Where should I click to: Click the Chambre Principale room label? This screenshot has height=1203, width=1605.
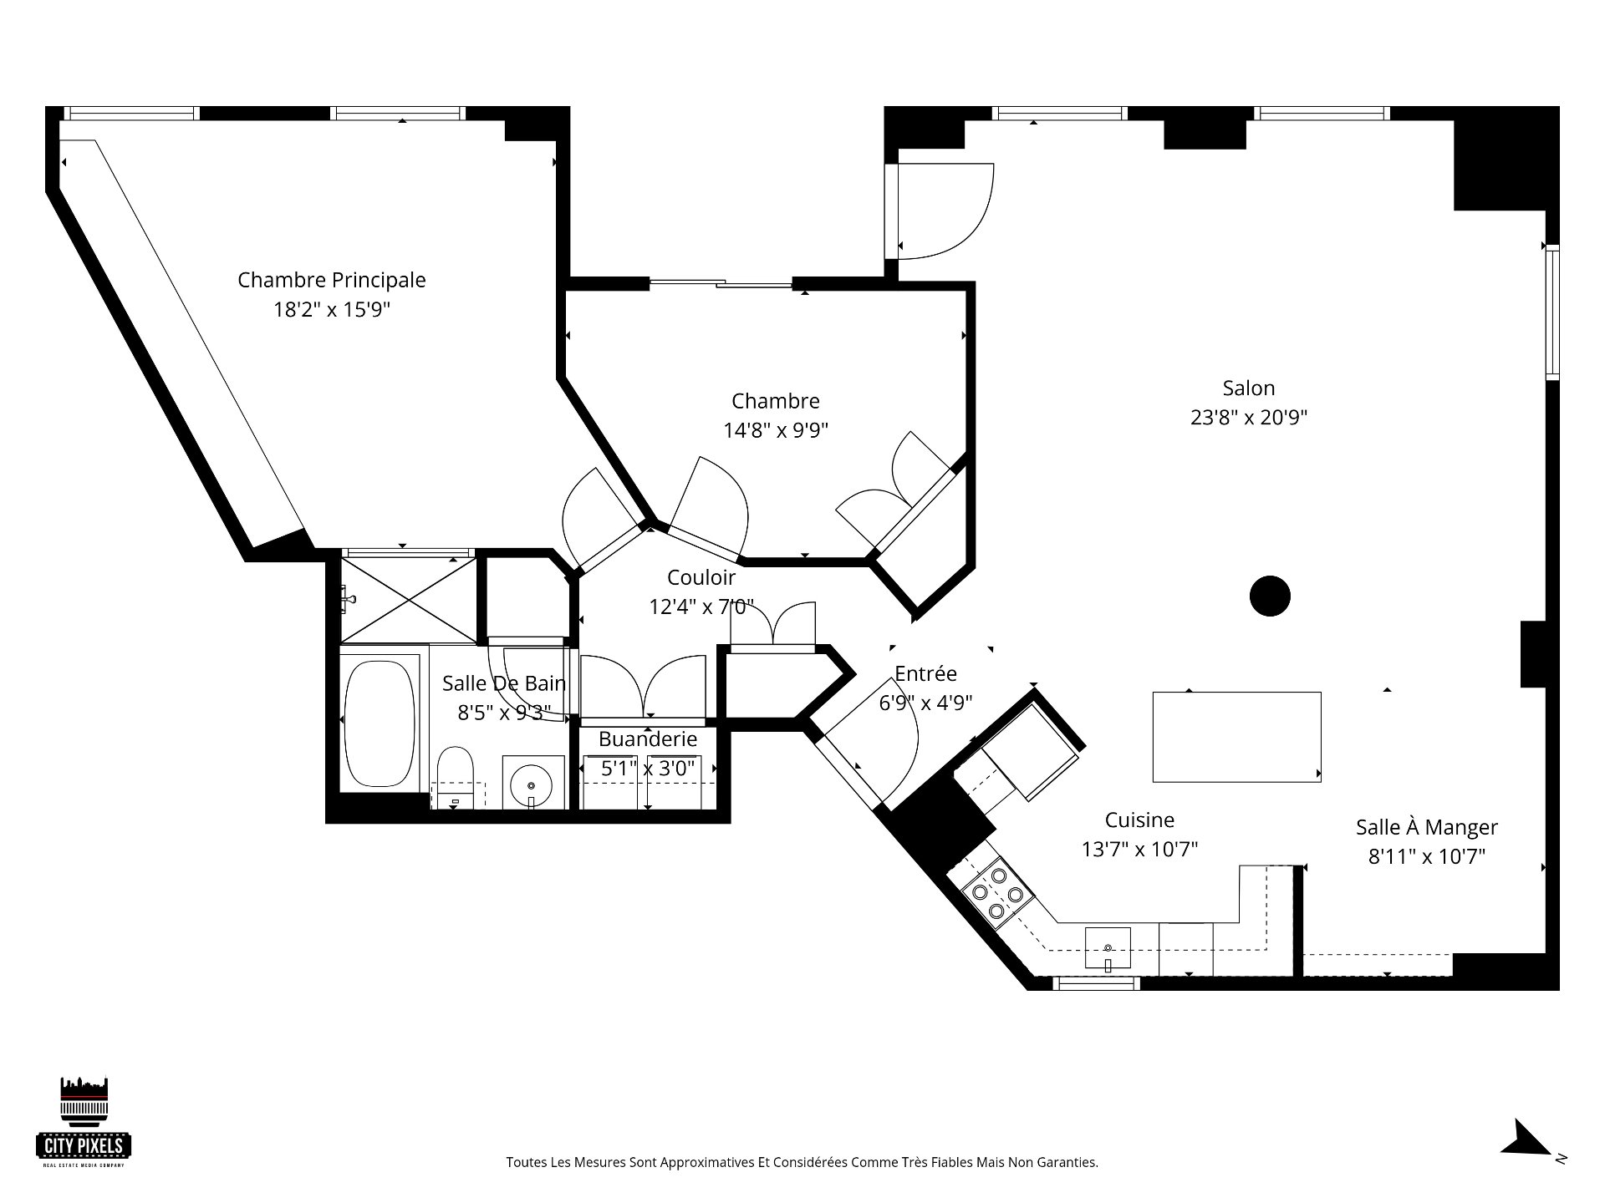pyautogui.click(x=332, y=280)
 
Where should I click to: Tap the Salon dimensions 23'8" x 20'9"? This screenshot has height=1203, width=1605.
pyautogui.click(x=1249, y=417)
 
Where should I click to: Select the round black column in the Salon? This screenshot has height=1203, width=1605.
pyautogui.click(x=1270, y=596)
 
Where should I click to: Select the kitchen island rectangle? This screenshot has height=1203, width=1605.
pyautogui.click(x=1236, y=737)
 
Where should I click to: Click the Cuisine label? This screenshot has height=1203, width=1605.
pyautogui.click(x=1139, y=820)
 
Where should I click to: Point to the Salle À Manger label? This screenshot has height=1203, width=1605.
pyautogui.click(x=1427, y=826)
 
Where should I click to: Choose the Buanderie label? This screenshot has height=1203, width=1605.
pyautogui.click(x=648, y=739)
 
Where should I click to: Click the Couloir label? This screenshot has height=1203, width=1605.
pyautogui.click(x=701, y=577)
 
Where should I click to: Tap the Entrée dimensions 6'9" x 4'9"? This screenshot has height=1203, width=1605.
pyautogui.click(x=925, y=703)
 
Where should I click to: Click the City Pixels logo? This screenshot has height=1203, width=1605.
pyautogui.click(x=84, y=1119)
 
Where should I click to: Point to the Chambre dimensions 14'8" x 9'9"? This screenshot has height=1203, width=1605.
pyautogui.click(x=776, y=430)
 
